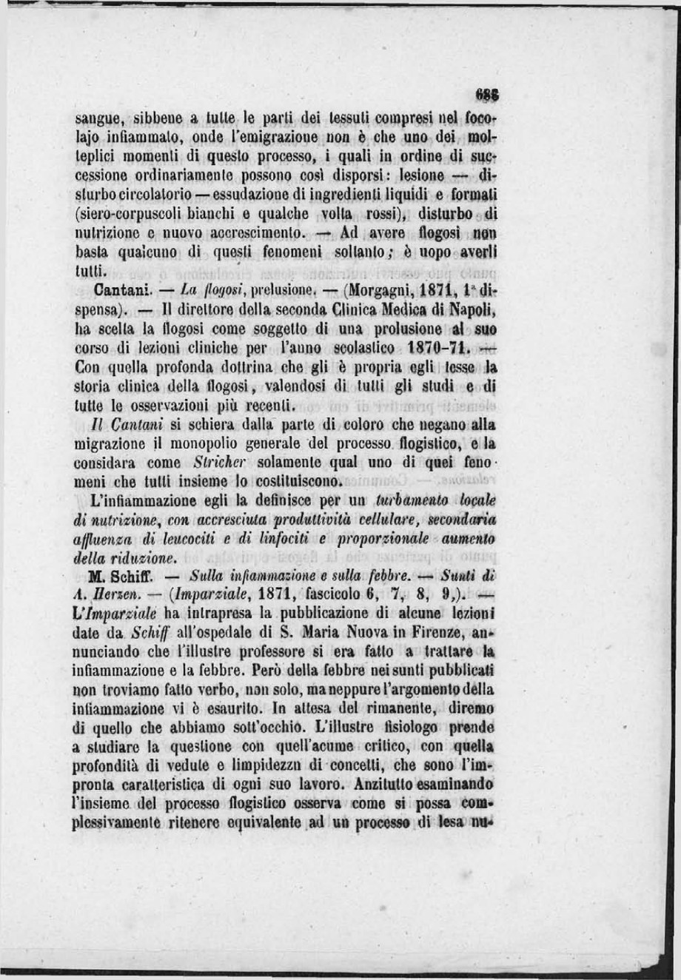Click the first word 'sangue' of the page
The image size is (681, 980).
[96, 118]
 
